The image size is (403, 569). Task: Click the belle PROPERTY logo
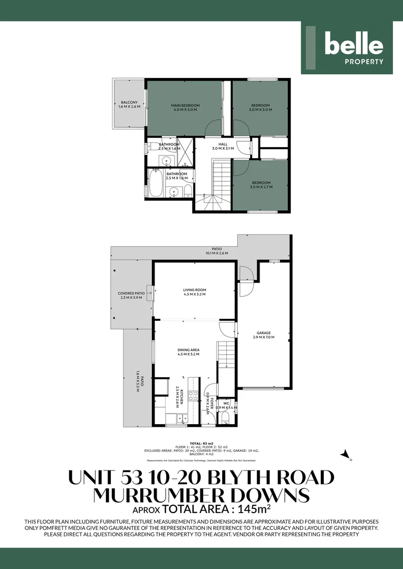coord(347,48)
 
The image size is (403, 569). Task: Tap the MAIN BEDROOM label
coord(185,105)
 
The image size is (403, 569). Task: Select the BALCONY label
coord(129,102)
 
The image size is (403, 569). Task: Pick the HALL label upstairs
coord(223,143)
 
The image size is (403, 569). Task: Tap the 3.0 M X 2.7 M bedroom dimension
coord(261,187)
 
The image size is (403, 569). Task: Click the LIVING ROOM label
coord(194,290)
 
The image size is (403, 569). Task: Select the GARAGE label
coord(264,333)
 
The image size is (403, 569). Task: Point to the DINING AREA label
coord(188,350)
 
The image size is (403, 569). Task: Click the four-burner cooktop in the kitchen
coord(193,396)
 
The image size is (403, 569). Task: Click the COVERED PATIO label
coord(131,293)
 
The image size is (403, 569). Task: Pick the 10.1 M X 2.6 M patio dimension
coord(217,253)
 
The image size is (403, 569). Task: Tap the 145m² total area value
coord(255,509)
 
